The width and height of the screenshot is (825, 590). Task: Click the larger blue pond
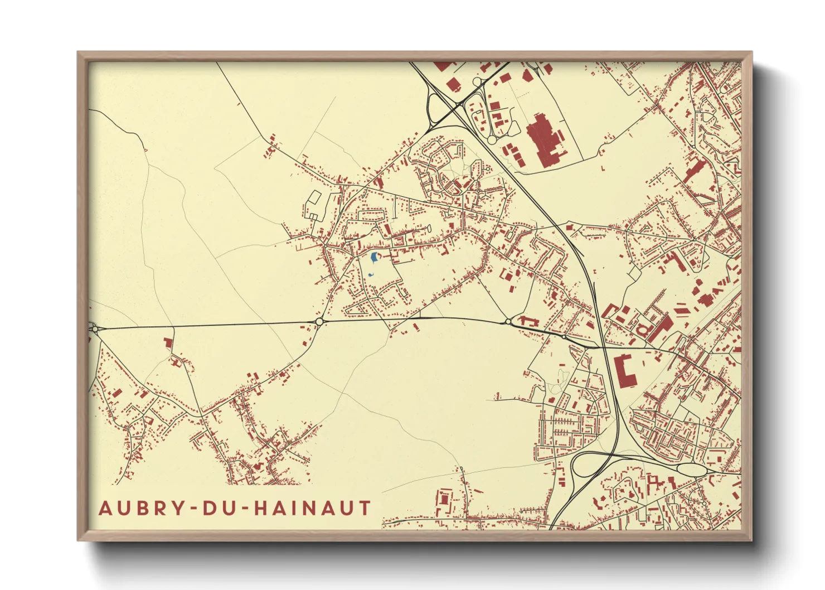tap(373, 257)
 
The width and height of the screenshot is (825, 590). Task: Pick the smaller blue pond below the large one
tap(371, 274)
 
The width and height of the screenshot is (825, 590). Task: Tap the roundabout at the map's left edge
tap(94, 329)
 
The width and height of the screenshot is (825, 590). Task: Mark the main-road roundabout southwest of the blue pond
tap(319, 321)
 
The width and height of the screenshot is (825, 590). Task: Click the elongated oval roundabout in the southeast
tap(691, 469)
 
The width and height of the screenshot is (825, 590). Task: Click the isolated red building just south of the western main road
tap(167, 342)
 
